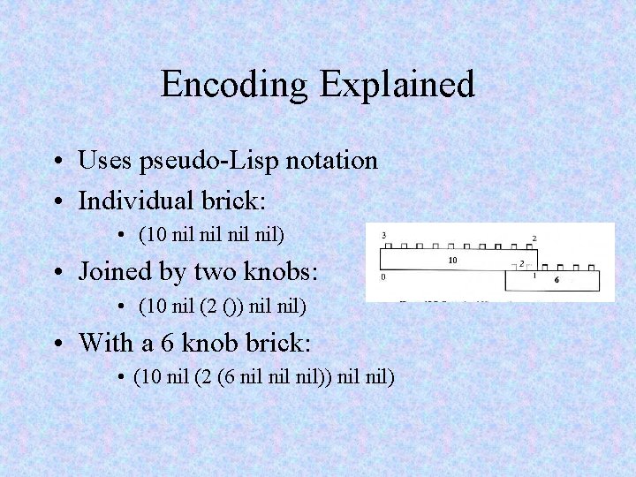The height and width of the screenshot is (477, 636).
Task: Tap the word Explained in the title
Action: [397, 86]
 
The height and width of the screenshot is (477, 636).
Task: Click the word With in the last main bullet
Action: [105, 342]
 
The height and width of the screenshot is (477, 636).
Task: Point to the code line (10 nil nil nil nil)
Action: [212, 236]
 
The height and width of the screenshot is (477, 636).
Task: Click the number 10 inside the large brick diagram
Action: [452, 261]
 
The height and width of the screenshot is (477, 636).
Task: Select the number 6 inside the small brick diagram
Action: [556, 280]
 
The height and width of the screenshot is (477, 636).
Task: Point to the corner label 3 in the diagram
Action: [383, 235]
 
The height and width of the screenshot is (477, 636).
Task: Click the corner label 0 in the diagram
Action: [382, 276]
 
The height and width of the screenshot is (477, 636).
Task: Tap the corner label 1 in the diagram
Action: [534, 276]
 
